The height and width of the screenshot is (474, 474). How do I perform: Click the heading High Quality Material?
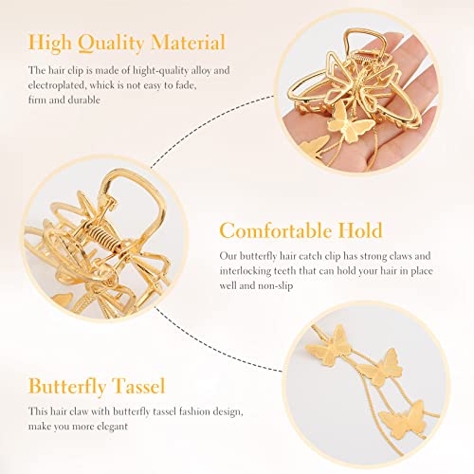coord(127,43)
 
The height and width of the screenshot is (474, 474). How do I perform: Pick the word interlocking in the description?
coord(250,270)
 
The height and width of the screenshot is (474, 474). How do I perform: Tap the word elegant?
coord(135,426)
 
